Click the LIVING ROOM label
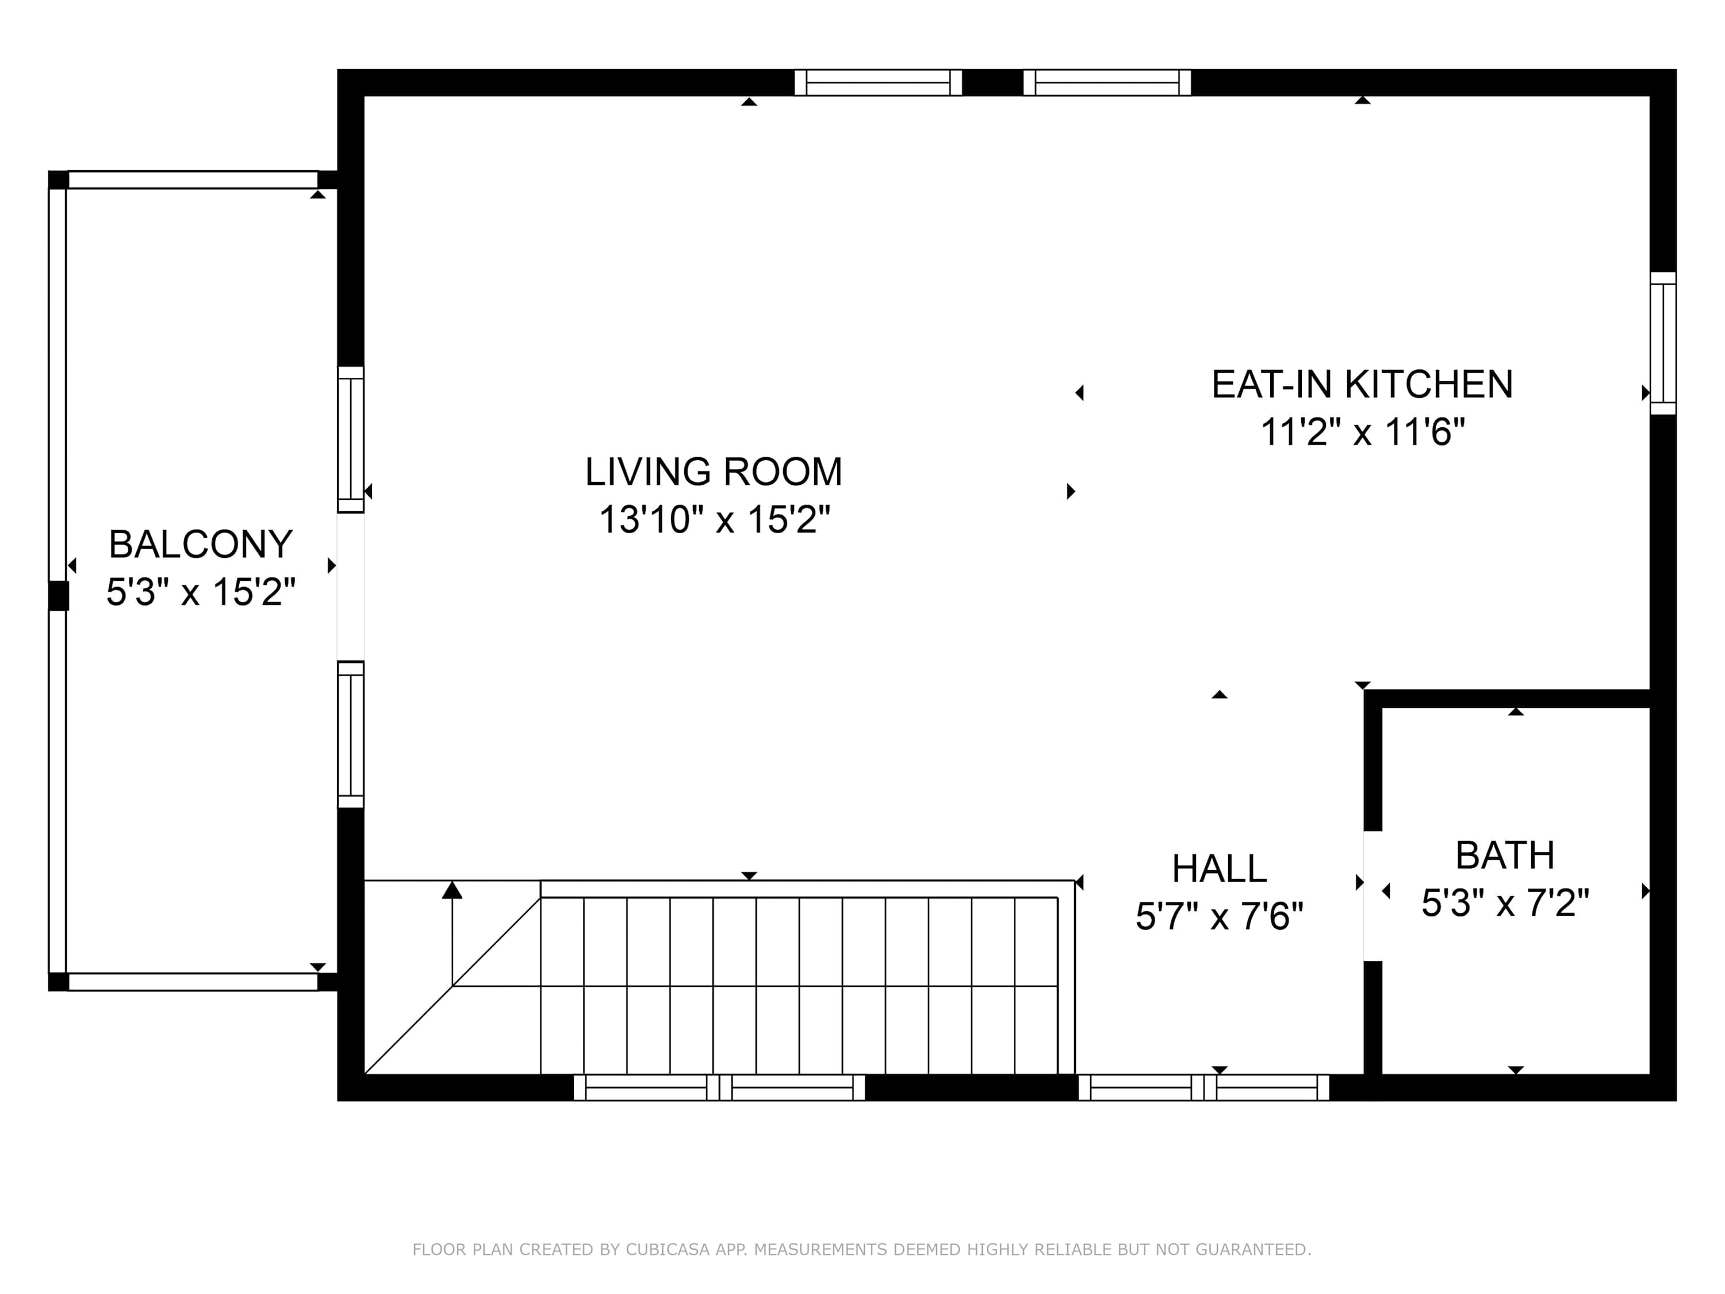pyautogui.click(x=714, y=472)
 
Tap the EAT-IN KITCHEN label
pyautogui.click(x=1362, y=385)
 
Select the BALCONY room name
pyautogui.click(x=201, y=545)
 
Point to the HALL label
pyautogui.click(x=1219, y=868)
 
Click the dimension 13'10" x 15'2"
pyautogui.click(x=714, y=519)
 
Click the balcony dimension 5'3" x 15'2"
pyautogui.click(x=201, y=592)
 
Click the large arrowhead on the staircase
pyautogui.click(x=453, y=889)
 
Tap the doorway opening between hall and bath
pyautogui.click(x=1373, y=895)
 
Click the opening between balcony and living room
pyautogui.click(x=350, y=587)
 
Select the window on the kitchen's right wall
pyautogui.click(x=1663, y=343)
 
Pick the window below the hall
pyautogui.click(x=1203, y=1088)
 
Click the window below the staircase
pyautogui.click(x=719, y=1088)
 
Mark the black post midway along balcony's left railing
pyautogui.click(x=59, y=596)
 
